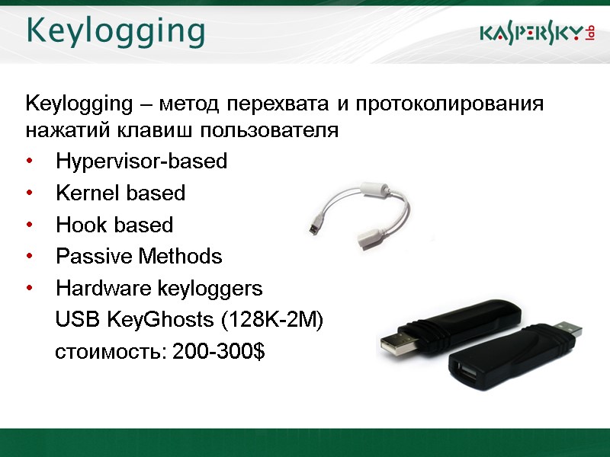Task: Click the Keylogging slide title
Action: (116, 32)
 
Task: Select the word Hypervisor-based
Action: (142, 161)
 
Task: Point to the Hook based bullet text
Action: (114, 225)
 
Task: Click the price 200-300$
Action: (219, 353)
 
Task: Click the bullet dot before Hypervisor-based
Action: (30, 162)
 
